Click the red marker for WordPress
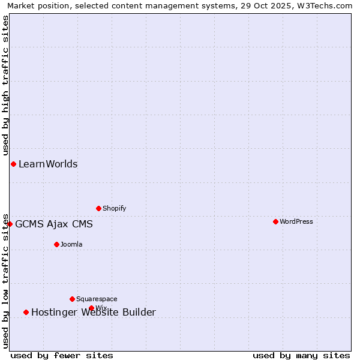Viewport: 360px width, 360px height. pyautogui.click(x=275, y=221)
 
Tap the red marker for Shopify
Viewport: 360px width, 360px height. pyautogui.click(x=98, y=208)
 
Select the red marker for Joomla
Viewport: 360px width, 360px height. pyautogui.click(x=56, y=244)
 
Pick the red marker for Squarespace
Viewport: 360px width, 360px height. pyautogui.click(x=72, y=299)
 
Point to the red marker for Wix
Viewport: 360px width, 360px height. pyautogui.click(x=91, y=308)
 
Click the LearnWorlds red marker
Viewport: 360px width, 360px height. pyautogui.click(x=13, y=164)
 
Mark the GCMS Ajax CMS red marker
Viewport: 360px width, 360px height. pyautogui.click(x=10, y=224)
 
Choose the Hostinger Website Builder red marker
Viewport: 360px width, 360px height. pyautogui.click(x=26, y=312)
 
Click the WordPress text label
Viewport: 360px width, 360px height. pyautogui.click(x=296, y=221)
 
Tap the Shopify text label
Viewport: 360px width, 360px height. pyautogui.click(x=114, y=208)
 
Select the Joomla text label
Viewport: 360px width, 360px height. pyautogui.click(x=71, y=244)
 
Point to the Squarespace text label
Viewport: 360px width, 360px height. pyautogui.click(x=97, y=299)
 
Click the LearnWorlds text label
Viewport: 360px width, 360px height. pyautogui.click(x=48, y=164)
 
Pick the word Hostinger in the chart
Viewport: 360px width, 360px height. pyautogui.click(x=53, y=312)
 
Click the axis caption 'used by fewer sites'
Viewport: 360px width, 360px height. pyautogui.click(x=62, y=355)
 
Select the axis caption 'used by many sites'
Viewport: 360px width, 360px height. pyautogui.click(x=301, y=355)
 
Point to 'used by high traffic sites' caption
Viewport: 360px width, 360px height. pyautogui.click(x=5, y=85)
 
